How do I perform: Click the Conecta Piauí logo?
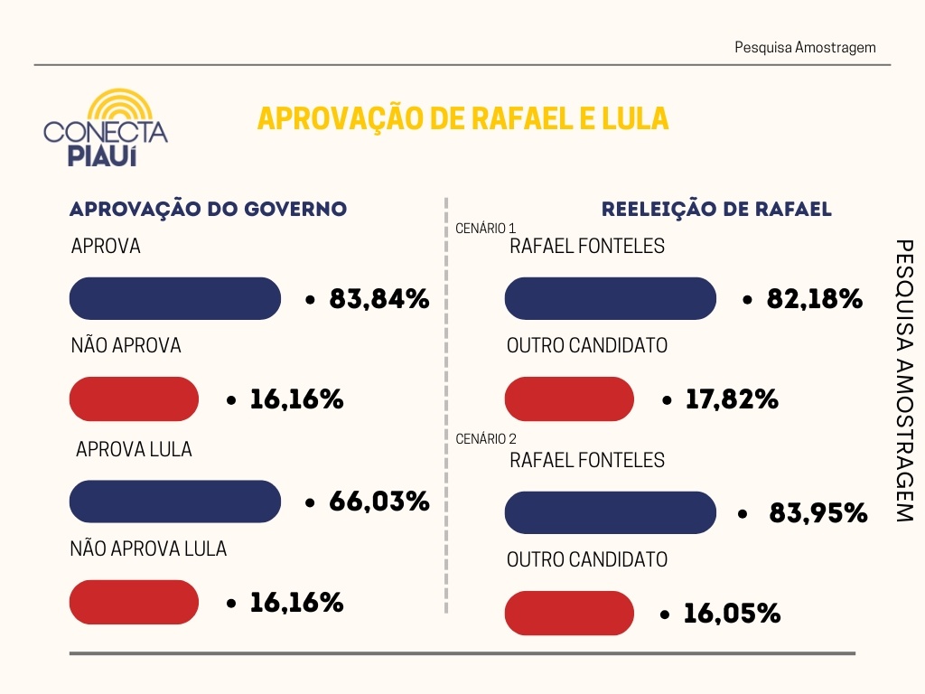(x=106, y=128)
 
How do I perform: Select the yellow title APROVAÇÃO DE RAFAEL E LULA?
(x=462, y=118)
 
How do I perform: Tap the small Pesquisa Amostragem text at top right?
(x=805, y=47)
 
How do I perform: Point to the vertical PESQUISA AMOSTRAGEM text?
(x=903, y=380)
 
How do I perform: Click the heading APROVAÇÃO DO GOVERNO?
(x=209, y=209)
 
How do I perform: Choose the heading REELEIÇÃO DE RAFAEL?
(x=716, y=210)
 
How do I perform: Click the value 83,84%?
(x=378, y=299)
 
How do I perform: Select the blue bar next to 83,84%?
(x=175, y=298)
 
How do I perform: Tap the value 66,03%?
(x=378, y=502)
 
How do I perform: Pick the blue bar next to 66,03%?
(x=175, y=502)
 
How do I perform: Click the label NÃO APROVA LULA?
(x=148, y=549)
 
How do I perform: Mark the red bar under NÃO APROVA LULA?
(x=134, y=603)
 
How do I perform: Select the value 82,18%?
(x=814, y=299)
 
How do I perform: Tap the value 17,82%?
(x=731, y=399)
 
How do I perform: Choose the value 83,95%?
(x=818, y=513)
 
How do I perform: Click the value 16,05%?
(x=731, y=614)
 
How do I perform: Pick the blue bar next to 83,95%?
(x=610, y=512)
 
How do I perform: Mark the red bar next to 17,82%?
(x=569, y=399)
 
